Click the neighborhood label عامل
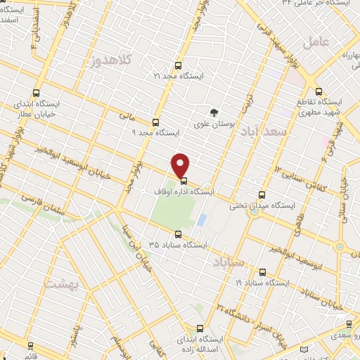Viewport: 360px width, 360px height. [316, 41]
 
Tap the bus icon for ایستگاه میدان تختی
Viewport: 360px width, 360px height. [262, 194]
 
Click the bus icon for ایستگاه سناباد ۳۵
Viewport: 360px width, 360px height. [178, 234]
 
